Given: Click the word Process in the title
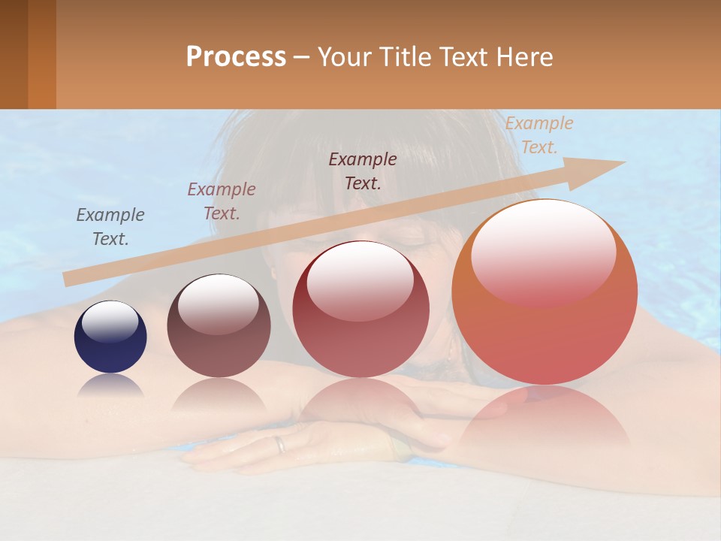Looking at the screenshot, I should pos(236,57).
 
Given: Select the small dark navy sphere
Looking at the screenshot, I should pos(110,337).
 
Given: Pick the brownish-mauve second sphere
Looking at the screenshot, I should pos(219,325).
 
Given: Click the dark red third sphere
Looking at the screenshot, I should pos(360,310).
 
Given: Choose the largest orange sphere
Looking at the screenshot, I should pos(545,292).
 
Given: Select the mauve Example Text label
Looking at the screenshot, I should pos(222,201).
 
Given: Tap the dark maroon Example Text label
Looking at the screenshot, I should pos(363,171).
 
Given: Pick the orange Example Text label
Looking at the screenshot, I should pos(538,135).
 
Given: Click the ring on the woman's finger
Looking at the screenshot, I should pos(279,444).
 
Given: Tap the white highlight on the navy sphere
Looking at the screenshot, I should pos(110,321).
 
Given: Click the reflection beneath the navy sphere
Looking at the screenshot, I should pos(110,386).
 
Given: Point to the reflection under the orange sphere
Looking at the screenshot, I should pos(545,417).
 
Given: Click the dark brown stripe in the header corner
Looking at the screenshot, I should pos(14,54).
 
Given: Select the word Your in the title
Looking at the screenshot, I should pos(344,57).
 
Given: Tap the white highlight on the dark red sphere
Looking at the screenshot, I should pos(360,280).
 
